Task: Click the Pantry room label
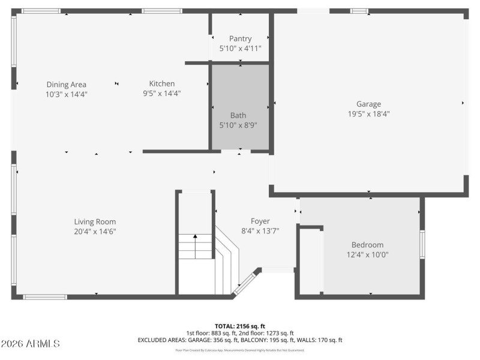pos(240,38)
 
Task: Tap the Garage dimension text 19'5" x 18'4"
pos(368,113)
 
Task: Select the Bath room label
pos(238,115)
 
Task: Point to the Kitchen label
pos(162,83)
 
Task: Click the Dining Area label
pos(67,84)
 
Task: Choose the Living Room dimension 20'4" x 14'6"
pos(95,231)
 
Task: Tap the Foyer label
pos(260,221)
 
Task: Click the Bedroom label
pos(367,245)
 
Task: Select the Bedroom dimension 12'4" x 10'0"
pos(367,254)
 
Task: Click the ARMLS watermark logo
pos(31,344)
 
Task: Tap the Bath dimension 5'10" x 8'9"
pos(238,125)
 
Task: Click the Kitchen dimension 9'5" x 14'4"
pos(162,93)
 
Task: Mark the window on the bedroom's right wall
pos(422,245)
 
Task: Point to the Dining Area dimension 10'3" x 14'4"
pos(67,94)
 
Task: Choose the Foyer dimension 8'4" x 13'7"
pos(260,230)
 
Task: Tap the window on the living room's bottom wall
pos(45,296)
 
